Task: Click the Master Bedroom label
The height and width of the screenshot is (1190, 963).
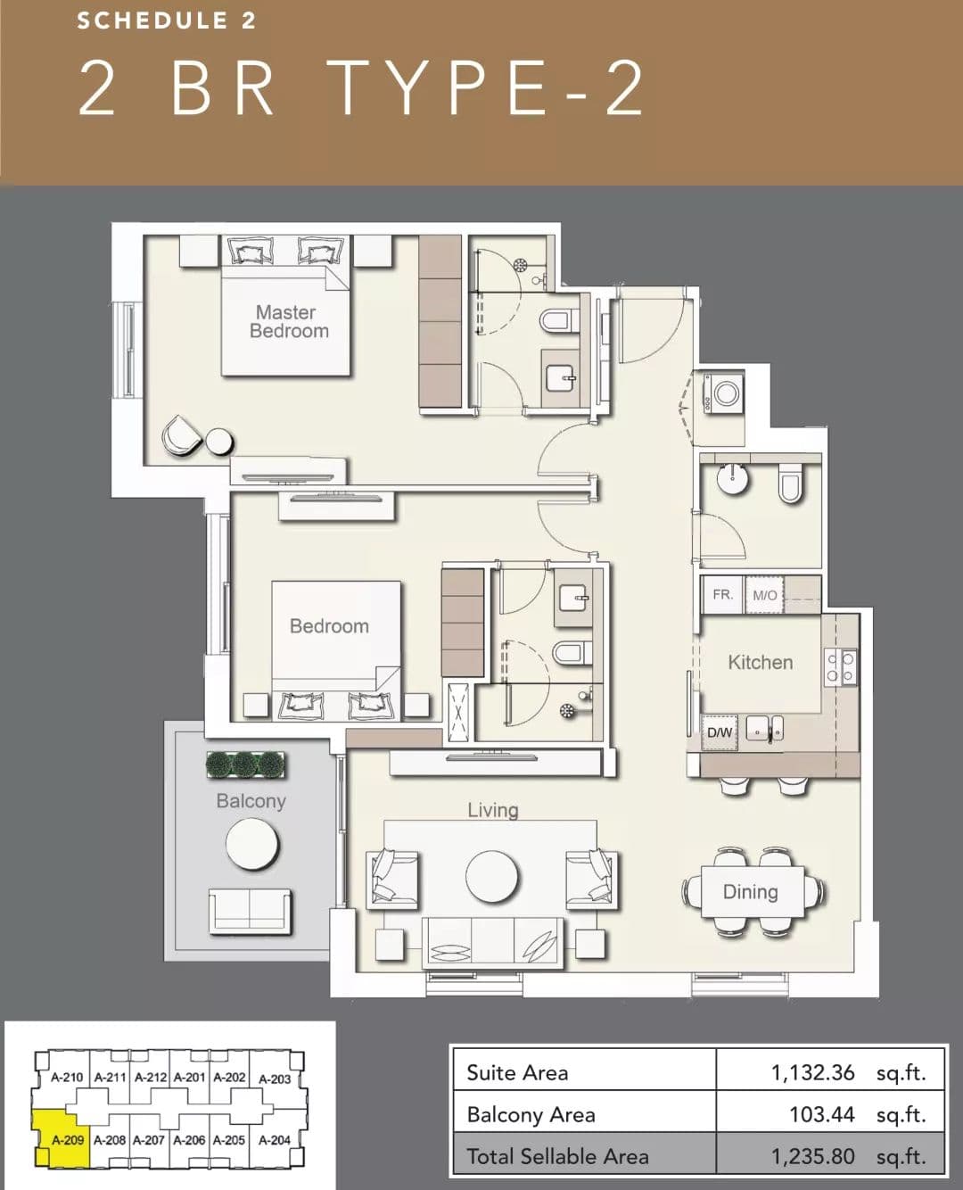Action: coord(289,321)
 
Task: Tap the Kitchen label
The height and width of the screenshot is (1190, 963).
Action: coord(761,662)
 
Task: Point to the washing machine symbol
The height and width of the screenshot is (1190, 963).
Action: coord(723,393)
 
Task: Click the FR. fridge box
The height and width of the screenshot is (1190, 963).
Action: coord(722,594)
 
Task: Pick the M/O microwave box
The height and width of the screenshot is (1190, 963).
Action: coord(765,595)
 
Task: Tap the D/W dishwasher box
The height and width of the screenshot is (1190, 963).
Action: coord(720,731)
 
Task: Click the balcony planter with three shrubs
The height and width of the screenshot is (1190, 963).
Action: coord(245,764)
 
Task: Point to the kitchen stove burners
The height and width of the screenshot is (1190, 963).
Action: coord(840,667)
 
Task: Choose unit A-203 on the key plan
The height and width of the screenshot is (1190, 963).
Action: coord(275,1078)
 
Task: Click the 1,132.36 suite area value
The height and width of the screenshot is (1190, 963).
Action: coord(812,1072)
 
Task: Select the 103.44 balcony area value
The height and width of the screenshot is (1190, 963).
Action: coord(821,1114)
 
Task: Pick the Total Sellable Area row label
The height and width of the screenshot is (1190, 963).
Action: coord(557,1156)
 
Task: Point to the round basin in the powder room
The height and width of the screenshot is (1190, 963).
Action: coord(732,478)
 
